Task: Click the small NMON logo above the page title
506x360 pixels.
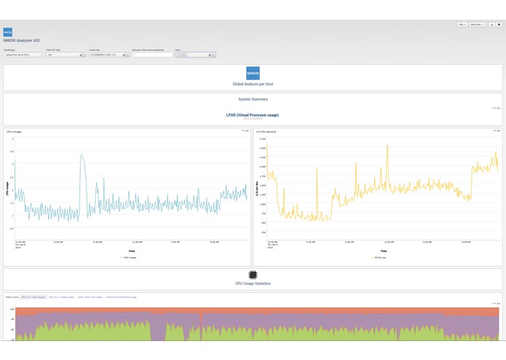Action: click(7, 32)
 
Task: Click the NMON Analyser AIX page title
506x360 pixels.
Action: click(21, 41)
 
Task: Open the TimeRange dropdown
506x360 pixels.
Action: click(23, 55)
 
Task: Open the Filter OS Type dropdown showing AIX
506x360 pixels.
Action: click(65, 55)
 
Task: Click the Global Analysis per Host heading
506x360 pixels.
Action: click(253, 85)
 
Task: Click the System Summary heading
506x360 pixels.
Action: click(253, 99)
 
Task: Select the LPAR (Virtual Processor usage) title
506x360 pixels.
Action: click(253, 114)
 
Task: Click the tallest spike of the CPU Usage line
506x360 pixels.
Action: click(82, 154)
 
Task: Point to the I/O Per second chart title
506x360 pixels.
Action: click(266, 131)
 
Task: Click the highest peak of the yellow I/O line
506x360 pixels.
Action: click(387, 144)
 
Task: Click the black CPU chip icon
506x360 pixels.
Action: click(253, 274)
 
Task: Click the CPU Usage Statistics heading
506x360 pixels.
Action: click(253, 283)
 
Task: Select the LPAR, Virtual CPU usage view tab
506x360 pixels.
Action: click(122, 297)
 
